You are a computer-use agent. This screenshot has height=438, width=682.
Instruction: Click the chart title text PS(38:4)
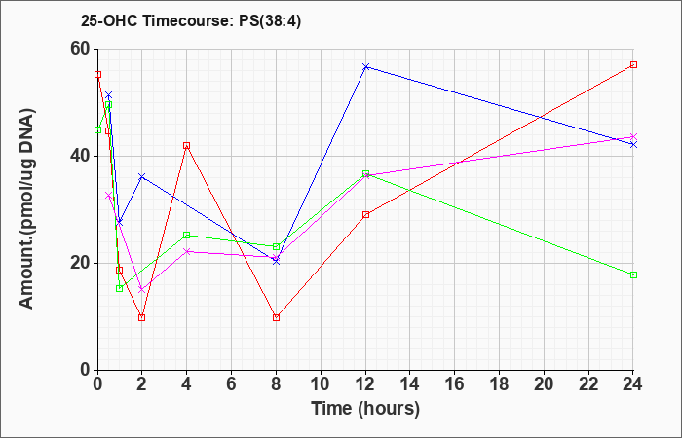270,21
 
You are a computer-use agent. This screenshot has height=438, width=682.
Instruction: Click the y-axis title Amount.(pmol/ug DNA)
26,208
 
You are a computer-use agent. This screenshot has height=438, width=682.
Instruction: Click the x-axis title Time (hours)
365,409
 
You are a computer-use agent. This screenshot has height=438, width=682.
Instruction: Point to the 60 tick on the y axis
80,49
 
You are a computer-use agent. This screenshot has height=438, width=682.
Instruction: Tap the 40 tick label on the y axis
80,156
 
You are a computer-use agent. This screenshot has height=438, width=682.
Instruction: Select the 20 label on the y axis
80,263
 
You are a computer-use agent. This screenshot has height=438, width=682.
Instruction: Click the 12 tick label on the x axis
365,384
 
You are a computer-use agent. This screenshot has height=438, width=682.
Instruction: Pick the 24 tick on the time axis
633,384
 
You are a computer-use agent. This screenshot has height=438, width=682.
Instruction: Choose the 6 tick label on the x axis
232,384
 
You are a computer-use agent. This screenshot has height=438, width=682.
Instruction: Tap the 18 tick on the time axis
499,384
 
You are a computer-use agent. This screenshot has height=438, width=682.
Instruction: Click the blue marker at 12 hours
365,66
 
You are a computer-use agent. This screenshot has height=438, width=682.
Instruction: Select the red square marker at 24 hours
633,65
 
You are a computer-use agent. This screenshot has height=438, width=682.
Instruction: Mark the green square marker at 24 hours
633,274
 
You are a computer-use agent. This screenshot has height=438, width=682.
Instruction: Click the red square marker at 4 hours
187,146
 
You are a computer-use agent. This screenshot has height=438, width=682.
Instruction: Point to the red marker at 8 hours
276,317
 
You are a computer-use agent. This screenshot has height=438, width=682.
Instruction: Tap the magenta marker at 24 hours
633,137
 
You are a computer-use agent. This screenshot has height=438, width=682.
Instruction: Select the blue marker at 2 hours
142,176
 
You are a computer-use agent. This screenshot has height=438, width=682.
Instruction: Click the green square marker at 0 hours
97,129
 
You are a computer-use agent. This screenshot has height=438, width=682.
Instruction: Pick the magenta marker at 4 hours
187,251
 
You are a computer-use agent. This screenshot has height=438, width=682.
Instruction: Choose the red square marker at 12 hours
365,215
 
